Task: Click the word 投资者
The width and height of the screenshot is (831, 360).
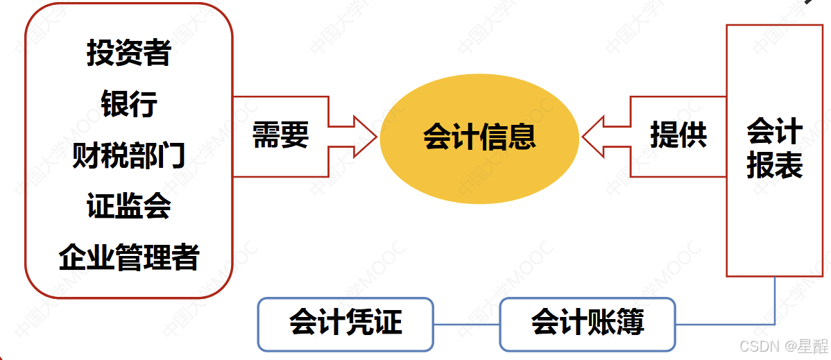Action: point(128,53)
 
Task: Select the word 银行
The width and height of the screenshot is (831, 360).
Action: point(128,104)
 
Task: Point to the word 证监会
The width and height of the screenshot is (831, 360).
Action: point(128,207)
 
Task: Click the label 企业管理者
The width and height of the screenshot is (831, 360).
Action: point(128,258)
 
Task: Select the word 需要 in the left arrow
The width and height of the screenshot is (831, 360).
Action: point(280,136)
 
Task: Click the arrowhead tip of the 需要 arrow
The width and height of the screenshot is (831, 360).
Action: point(375,136)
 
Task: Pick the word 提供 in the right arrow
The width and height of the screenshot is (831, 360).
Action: point(678,135)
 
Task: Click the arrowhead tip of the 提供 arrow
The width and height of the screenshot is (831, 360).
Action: point(584,136)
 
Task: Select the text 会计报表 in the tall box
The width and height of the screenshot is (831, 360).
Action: point(774,148)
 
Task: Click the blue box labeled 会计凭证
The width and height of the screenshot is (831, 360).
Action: point(345,323)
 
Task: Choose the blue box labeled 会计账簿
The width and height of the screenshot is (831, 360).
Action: point(587,323)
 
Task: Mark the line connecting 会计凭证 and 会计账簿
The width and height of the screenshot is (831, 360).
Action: point(466,324)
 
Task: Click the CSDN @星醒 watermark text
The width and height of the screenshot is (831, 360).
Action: point(783,346)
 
